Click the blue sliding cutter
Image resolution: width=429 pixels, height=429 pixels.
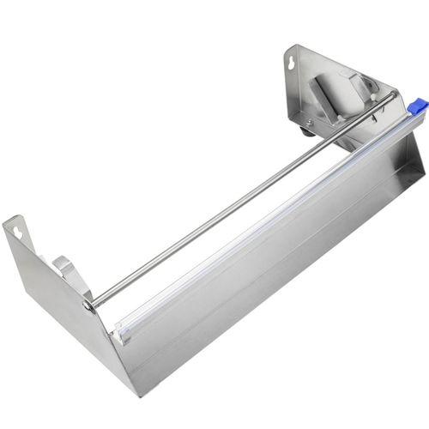coord(418,106)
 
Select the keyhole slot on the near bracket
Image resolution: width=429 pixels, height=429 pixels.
coord(19,230)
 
